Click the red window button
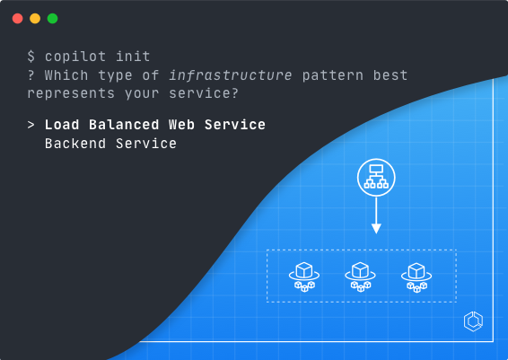17,19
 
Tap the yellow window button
35,19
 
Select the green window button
52,19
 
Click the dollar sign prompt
31,57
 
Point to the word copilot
75,57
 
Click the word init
133,57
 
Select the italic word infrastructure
231,75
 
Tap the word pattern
333,76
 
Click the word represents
71,94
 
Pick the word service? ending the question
204,93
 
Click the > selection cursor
31,125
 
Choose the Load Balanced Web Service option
155,125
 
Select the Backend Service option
110,144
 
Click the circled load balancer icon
376,177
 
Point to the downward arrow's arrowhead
376,228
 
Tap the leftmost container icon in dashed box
304,277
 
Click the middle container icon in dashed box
360,277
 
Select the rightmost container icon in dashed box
416,277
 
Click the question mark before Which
31,75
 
